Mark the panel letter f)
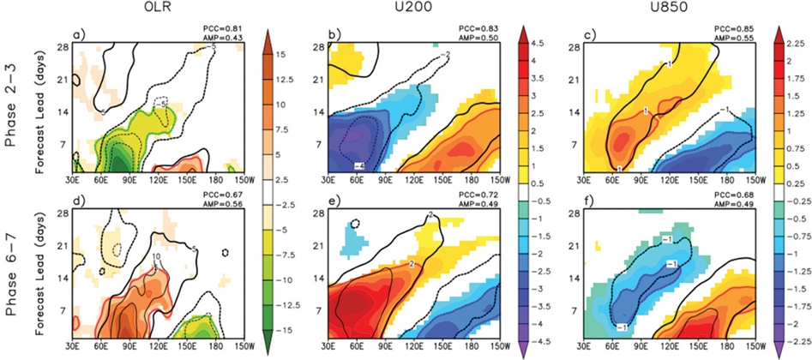point(588,204)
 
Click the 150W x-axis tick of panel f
point(755,350)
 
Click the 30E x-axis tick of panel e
point(328,350)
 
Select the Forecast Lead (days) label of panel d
point(40,278)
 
